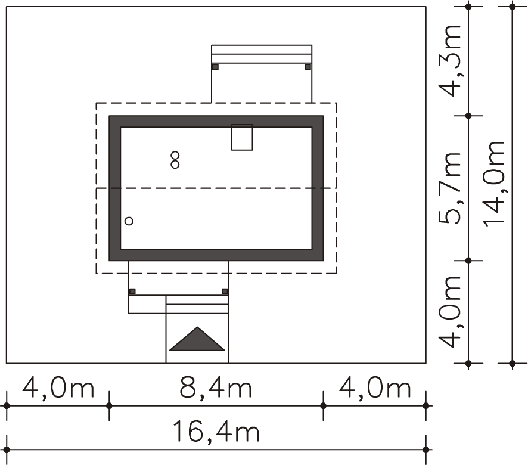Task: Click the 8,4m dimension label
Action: point(216,387)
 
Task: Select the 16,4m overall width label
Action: point(216,431)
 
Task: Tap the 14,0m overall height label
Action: point(494,184)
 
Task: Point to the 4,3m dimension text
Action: point(449,61)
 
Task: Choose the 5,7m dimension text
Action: point(449,188)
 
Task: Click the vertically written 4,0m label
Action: point(449,312)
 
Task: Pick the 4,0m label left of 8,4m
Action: point(58,387)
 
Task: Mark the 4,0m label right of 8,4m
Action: point(374,387)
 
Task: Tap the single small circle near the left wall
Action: point(129,221)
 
